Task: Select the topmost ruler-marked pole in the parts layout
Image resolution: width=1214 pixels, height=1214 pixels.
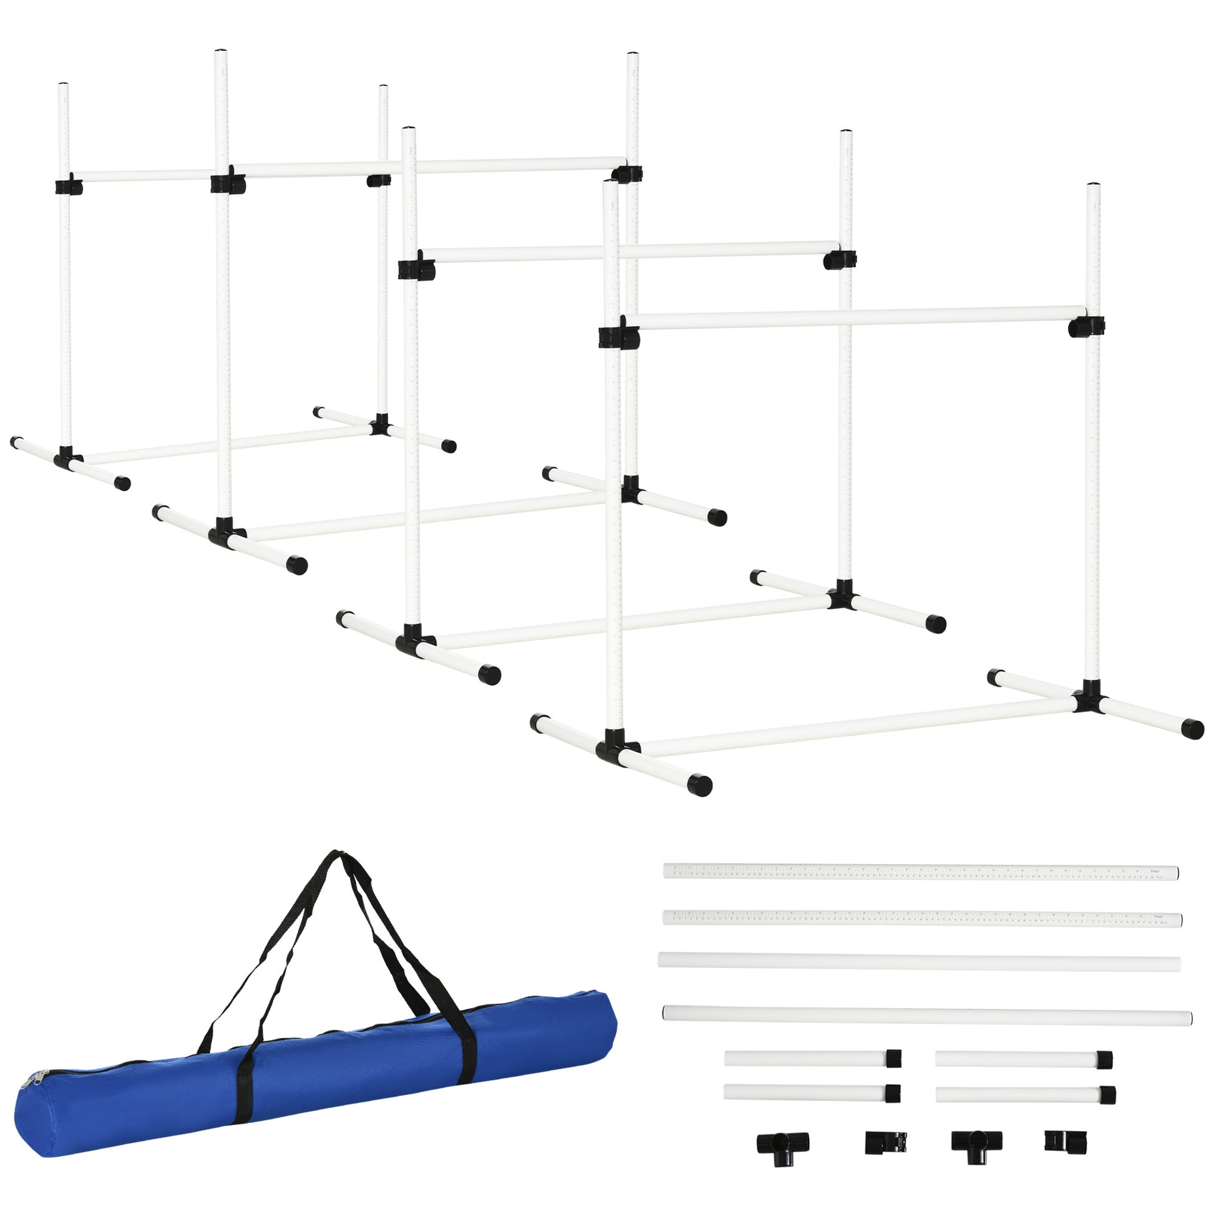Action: point(921,872)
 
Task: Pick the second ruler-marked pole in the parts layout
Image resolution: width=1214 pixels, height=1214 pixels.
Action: point(922,919)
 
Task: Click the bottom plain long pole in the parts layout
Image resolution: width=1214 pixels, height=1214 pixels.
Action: point(927,1014)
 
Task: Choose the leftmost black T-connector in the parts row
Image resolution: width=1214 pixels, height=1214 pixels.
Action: point(782,1142)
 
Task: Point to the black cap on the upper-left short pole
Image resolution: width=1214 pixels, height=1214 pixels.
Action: point(893,1058)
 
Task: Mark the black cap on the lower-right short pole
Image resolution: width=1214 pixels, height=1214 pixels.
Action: point(1107,1095)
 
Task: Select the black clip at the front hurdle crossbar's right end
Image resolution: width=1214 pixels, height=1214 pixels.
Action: point(1086,327)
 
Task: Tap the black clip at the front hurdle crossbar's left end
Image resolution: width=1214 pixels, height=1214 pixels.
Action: point(618,336)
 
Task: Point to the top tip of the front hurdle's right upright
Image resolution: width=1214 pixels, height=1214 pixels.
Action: point(1094,186)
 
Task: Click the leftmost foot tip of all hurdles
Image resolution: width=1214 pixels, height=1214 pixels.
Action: point(15,442)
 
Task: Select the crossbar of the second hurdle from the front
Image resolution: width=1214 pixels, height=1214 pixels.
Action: point(628,251)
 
